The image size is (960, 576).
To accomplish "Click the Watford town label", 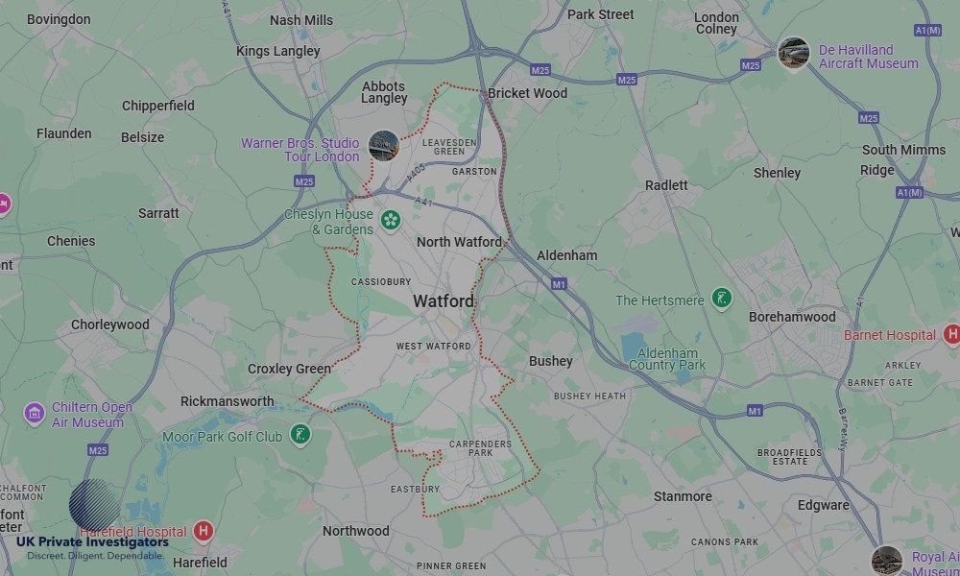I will coord(444,301).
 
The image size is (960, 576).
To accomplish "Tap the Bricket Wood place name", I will coord(527,93).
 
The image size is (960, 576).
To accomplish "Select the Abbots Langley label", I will coord(384,92).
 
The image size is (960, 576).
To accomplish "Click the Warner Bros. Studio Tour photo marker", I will coord(383,146).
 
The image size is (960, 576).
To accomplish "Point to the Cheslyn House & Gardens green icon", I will coord(390,221).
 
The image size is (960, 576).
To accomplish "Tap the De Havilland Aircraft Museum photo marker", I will coord(793,53).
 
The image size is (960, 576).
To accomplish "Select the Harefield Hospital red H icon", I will coord(203,531).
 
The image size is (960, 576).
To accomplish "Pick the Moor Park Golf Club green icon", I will coord(300,436).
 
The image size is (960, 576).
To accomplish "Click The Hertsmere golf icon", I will coord(722,299).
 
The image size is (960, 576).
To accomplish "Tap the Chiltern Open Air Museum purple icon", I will coord(35,414).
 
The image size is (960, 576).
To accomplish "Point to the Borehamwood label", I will coord(792,317).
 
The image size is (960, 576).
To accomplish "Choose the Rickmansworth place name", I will coord(228,401).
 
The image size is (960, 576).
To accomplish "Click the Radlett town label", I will coord(666,185).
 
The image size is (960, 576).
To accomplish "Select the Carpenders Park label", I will coord(480,449).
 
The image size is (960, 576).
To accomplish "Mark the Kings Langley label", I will coord(277,51).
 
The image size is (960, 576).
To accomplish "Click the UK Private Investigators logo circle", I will coord(95,505).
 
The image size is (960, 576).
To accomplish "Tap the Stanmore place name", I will coord(683,496).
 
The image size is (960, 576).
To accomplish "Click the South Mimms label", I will coord(903,150).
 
